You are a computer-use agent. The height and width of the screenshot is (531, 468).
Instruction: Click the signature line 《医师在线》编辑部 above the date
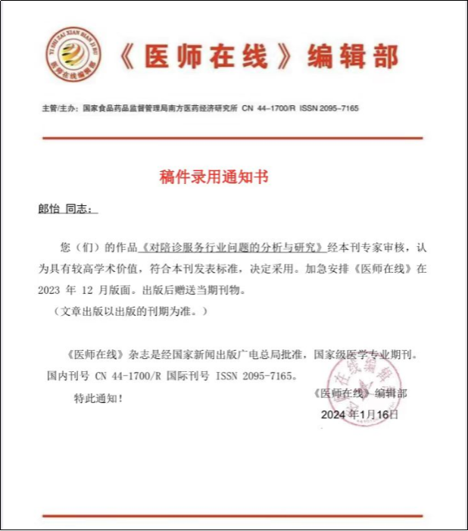pos(359,394)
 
